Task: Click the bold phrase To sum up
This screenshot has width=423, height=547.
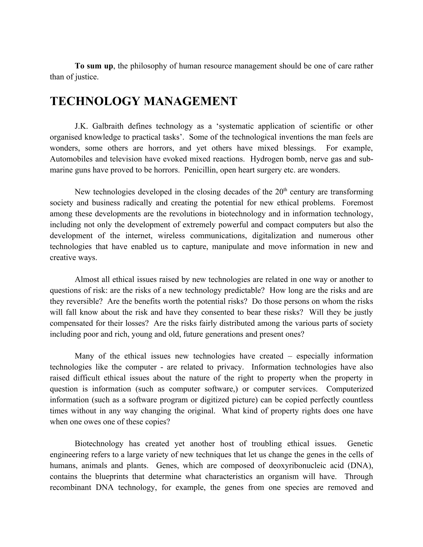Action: point(94,66)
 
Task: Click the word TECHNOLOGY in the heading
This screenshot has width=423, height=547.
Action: point(95,101)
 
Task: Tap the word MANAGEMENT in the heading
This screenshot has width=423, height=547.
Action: point(190,101)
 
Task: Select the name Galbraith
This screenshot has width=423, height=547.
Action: point(108,126)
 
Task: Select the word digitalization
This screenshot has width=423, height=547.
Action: point(274,236)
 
